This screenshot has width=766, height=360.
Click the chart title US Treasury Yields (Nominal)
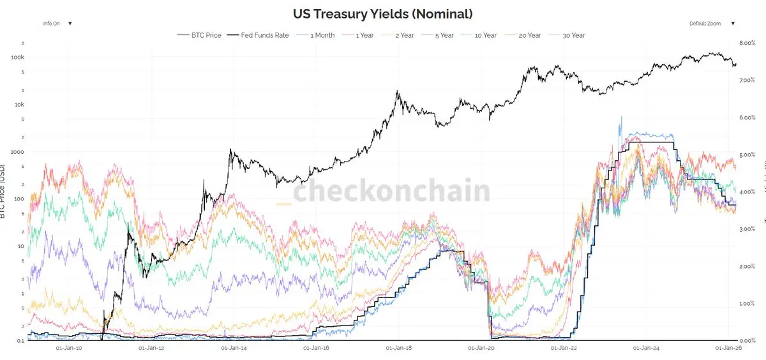[x=382, y=13]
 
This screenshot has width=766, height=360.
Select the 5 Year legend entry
[x=442, y=35]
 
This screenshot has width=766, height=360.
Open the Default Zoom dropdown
[x=711, y=24]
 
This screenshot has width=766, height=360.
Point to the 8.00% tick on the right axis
[x=747, y=43]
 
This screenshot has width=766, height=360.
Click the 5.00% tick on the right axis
[x=747, y=155]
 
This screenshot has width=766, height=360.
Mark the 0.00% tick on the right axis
[x=747, y=340]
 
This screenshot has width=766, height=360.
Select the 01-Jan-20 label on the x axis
[x=481, y=348]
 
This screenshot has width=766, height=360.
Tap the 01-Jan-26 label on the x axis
[x=728, y=348]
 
